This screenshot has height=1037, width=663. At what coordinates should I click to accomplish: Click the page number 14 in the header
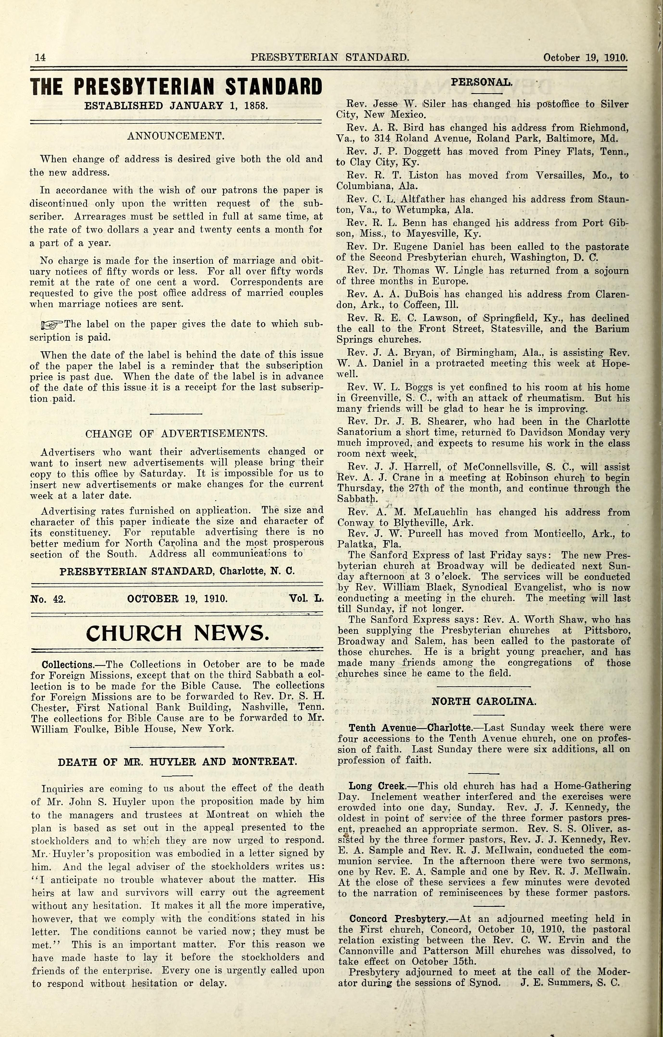(x=40, y=57)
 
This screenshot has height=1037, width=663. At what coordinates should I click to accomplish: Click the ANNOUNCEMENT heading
(x=176, y=136)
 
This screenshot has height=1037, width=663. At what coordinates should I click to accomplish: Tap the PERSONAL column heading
(x=481, y=82)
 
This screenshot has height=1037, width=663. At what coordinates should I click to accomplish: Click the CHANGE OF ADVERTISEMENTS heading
(x=177, y=434)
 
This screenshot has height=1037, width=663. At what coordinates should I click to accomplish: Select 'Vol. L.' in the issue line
(x=306, y=599)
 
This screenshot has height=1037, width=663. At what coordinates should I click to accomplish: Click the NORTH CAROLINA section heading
(x=484, y=701)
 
